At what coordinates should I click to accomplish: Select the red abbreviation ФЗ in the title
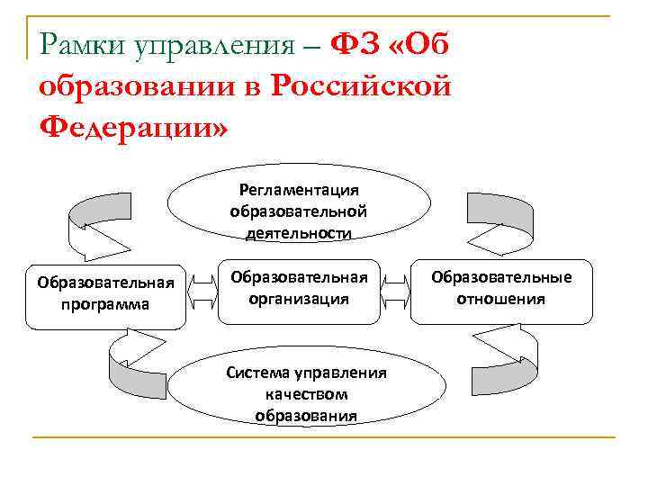[x=357, y=43]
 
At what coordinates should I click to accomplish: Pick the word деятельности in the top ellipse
[x=299, y=233]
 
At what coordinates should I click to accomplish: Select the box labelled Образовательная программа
[x=105, y=293]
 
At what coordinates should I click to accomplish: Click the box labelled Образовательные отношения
[x=501, y=288]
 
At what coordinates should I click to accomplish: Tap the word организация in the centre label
[x=299, y=299]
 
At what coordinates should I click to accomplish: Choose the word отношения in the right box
[x=501, y=299]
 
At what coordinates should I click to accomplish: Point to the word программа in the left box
[x=105, y=304]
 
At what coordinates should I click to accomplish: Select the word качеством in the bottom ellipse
[x=306, y=394]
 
